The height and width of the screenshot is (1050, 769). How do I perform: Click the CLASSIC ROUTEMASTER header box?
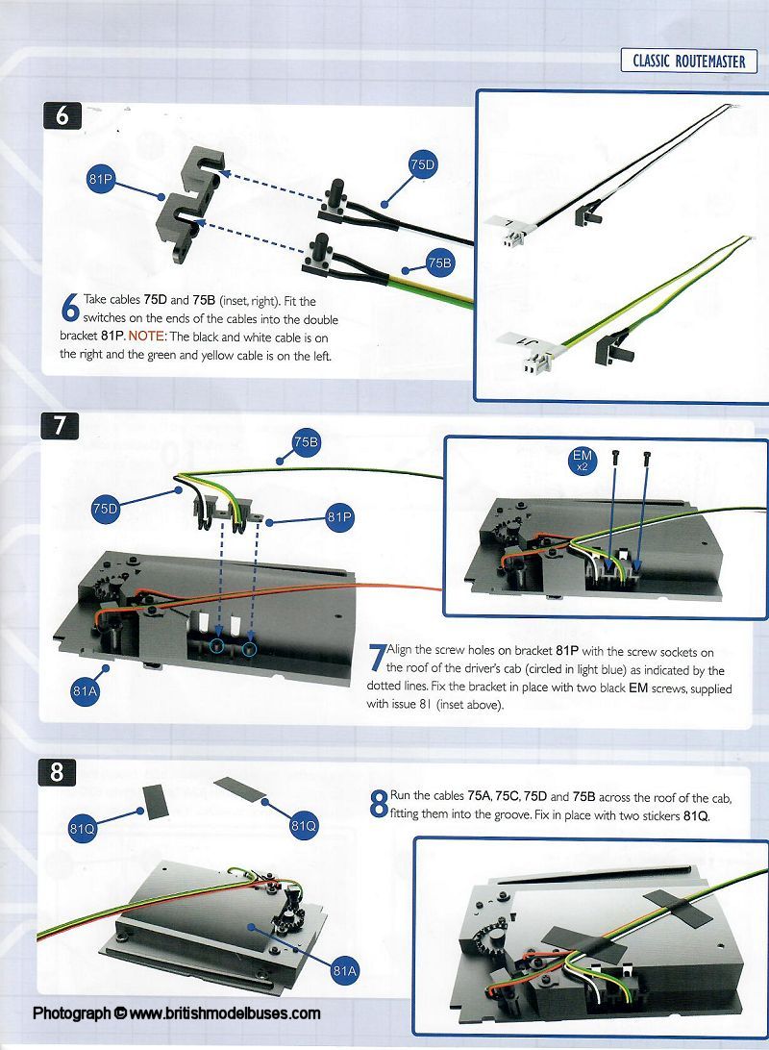pos(688,61)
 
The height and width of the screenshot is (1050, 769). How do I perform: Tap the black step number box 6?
pos(62,115)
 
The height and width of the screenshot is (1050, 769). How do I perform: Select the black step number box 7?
pos(61,425)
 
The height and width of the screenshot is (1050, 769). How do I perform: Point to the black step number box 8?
pos(57,772)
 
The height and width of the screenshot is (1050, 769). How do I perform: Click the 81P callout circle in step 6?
pos(101,179)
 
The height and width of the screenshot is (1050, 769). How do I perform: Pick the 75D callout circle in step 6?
pos(422,164)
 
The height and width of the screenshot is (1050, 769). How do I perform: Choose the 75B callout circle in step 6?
pos(439,263)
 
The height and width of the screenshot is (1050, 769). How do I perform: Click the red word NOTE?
pos(146,337)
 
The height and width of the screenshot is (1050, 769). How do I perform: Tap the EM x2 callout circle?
pos(583,460)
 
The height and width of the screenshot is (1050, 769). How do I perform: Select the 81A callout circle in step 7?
pos(85,690)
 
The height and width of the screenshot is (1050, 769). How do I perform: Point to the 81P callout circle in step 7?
pos(339,517)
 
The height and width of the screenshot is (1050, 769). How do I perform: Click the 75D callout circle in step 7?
pos(105,509)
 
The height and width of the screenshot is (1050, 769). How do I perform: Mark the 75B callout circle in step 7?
pos(306,442)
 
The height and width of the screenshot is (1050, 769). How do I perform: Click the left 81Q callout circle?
pos(83,829)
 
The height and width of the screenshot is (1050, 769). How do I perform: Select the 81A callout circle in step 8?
pos(345,971)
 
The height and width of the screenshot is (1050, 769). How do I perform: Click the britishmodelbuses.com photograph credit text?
pos(177,1013)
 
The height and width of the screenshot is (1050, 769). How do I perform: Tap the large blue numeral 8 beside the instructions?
pos(379,804)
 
